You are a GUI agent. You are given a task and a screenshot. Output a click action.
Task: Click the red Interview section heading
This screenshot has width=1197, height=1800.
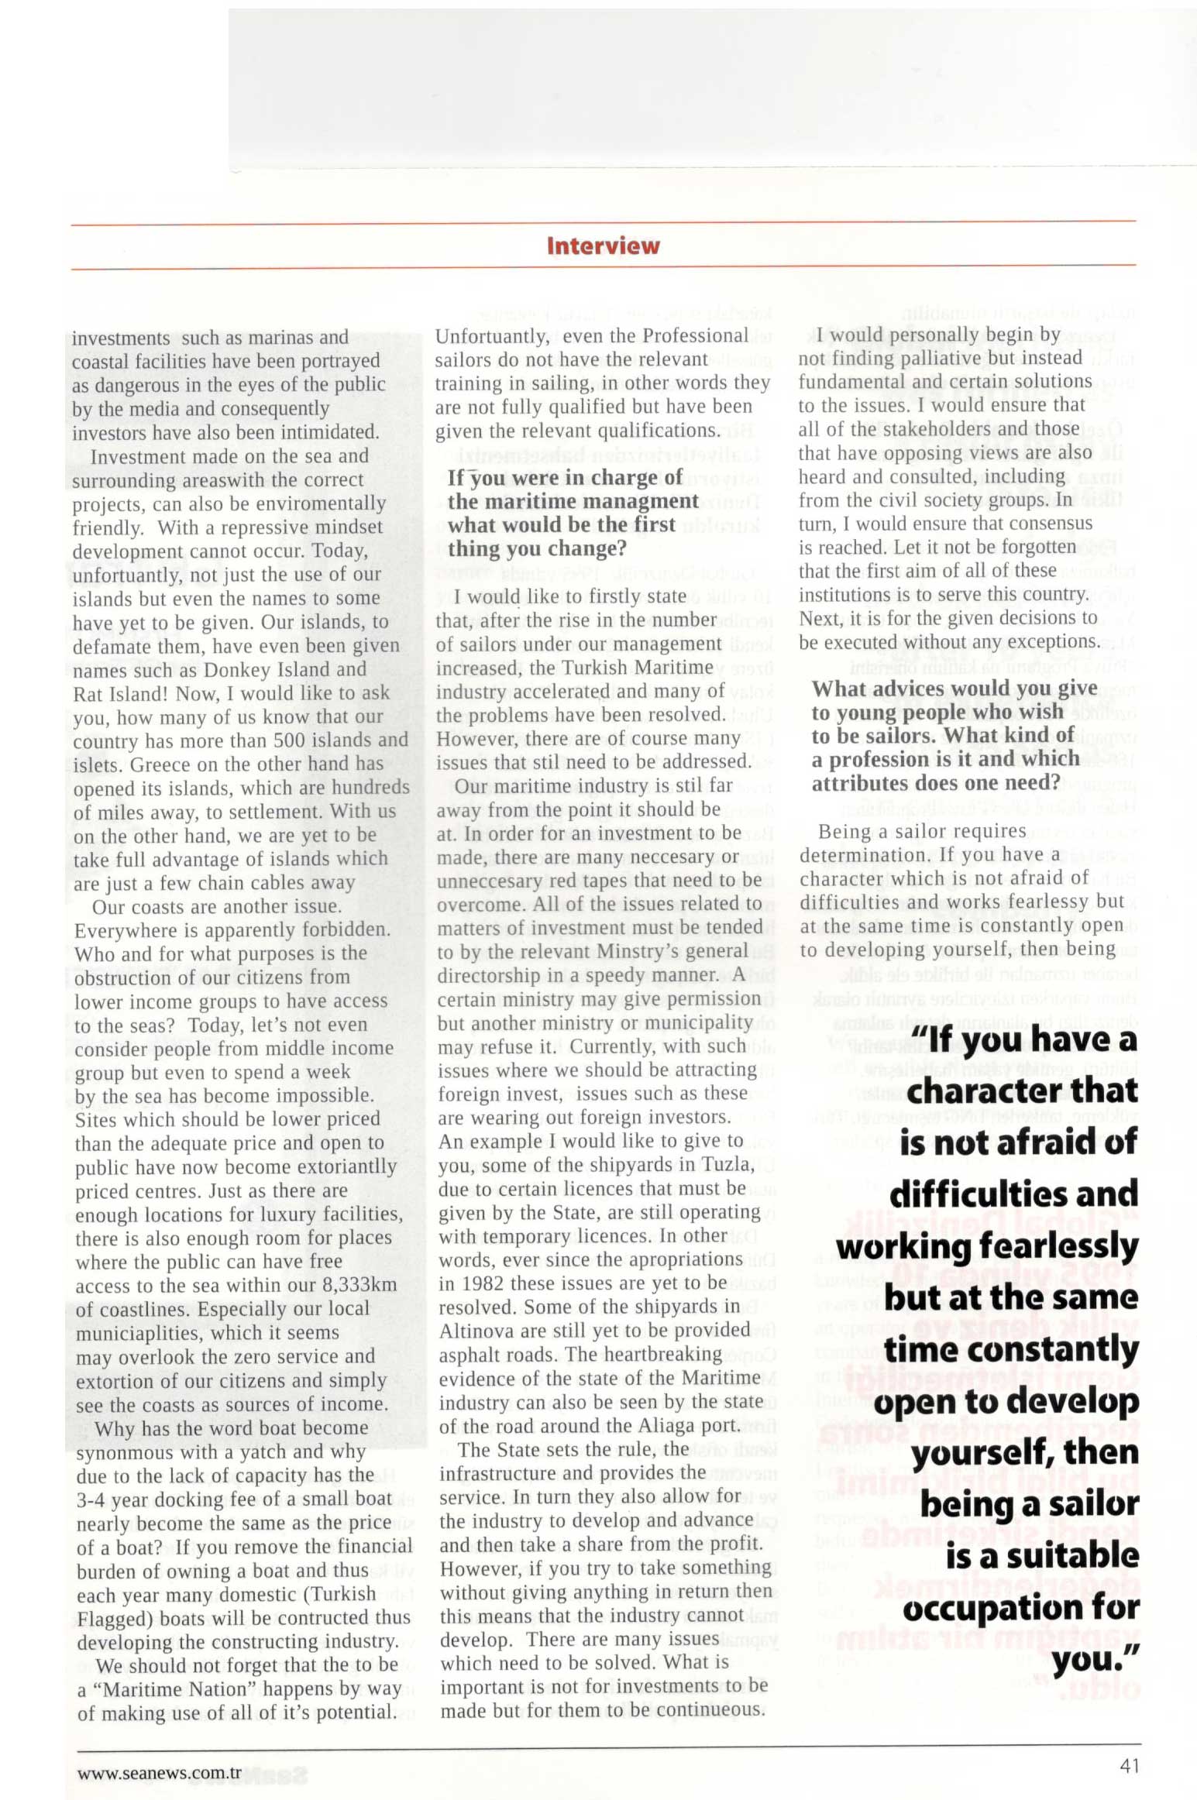[x=603, y=246]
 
